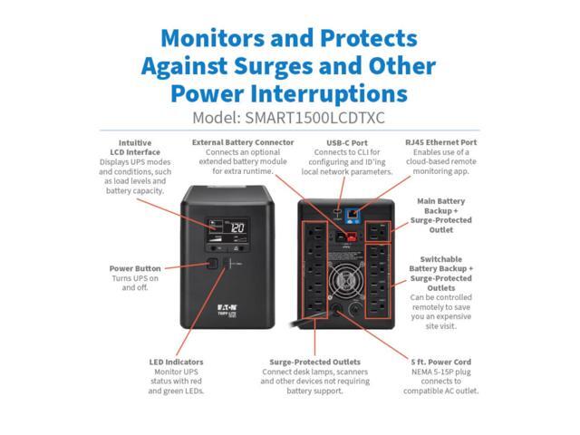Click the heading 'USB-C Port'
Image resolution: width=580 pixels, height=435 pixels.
(345, 142)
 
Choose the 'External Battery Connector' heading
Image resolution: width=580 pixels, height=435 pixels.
(243, 142)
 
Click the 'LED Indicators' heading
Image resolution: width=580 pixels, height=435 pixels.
(176, 362)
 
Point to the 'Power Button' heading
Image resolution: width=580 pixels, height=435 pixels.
(136, 268)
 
